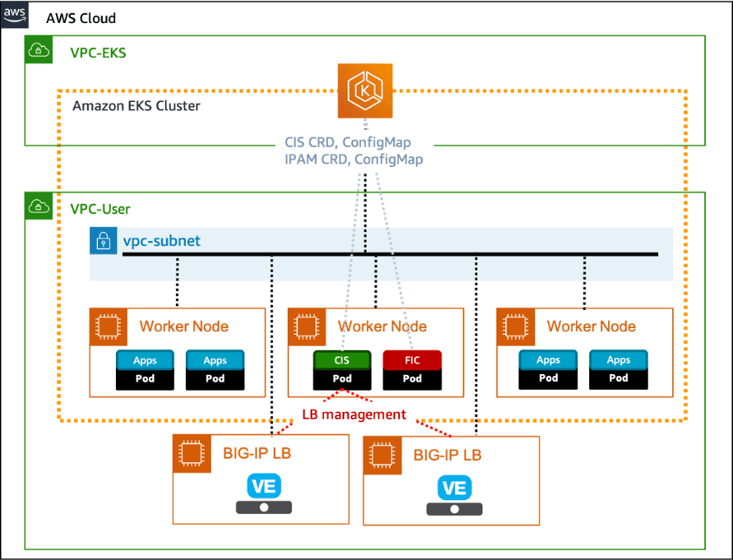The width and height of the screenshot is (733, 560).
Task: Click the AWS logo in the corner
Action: coord(14,15)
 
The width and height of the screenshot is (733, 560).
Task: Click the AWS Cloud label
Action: coord(81,18)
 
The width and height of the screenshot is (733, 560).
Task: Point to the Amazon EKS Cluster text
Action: coord(137,106)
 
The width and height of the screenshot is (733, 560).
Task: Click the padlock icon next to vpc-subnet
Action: coord(104,241)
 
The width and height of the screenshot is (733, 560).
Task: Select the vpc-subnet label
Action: coord(161,241)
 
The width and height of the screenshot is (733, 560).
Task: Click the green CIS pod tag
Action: coord(342,360)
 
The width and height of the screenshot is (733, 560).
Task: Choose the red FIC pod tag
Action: coord(412,360)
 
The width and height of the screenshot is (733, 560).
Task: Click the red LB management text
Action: coord(354,414)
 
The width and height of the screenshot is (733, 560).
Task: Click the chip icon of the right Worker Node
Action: coord(514,326)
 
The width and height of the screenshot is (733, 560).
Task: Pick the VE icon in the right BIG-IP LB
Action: coord(454,488)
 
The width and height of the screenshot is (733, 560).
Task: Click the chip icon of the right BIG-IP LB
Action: coord(381,455)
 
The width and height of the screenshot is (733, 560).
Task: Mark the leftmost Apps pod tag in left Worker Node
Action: coord(145,360)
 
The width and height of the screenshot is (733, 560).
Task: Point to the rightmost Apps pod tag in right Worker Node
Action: coord(619,360)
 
